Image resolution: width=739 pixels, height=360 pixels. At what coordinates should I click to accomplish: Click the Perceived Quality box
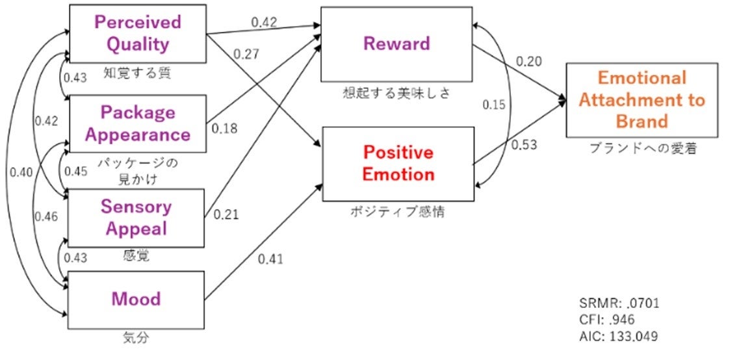click(x=137, y=33)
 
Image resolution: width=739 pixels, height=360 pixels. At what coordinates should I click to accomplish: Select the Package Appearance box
click(x=137, y=123)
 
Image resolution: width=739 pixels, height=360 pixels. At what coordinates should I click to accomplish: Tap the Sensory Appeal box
click(x=136, y=218)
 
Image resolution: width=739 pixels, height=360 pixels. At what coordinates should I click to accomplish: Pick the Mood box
click(x=136, y=299)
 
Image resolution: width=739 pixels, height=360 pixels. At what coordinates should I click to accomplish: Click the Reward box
click(x=396, y=44)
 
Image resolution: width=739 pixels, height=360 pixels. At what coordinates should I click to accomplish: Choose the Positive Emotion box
click(x=398, y=163)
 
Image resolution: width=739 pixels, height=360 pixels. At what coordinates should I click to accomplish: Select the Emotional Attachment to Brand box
click(x=642, y=99)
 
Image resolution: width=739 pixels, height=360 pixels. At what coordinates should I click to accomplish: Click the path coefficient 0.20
click(x=528, y=61)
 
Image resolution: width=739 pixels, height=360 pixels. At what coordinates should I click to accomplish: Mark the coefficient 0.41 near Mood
click(x=270, y=260)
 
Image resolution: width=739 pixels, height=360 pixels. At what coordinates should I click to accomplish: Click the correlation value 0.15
click(x=495, y=104)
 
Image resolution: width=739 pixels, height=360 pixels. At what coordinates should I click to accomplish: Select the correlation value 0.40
click(x=21, y=173)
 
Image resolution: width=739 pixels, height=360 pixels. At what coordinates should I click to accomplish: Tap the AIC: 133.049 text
click(x=618, y=337)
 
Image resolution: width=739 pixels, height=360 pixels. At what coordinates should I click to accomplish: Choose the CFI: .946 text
click(x=606, y=320)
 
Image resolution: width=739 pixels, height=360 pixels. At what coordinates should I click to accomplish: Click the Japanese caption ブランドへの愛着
click(x=642, y=149)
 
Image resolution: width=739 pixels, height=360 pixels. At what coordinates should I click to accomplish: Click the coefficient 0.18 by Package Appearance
click(x=224, y=128)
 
